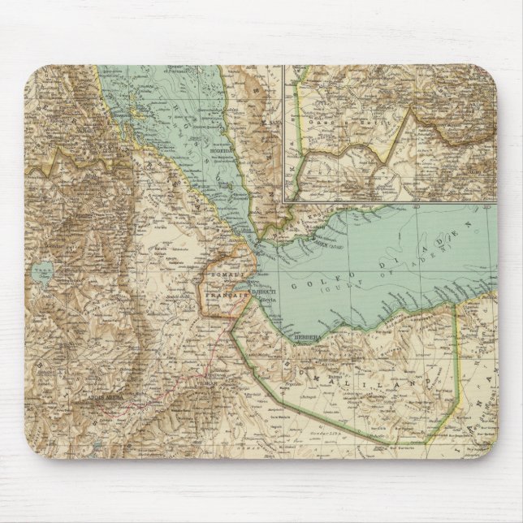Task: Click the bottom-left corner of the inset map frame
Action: (282, 200)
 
